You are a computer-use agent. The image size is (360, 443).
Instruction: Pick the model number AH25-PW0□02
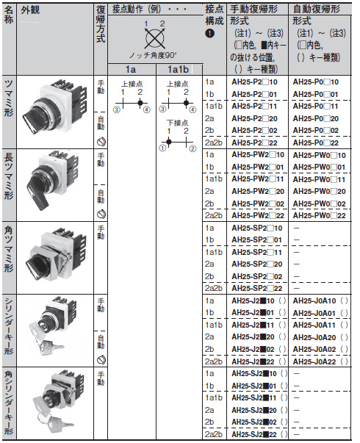tap(317, 204)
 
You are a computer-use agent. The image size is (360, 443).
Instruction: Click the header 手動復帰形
tap(254, 10)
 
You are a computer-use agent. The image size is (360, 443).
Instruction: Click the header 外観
tap(32, 10)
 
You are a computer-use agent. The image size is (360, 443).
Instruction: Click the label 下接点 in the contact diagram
tap(177, 123)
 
